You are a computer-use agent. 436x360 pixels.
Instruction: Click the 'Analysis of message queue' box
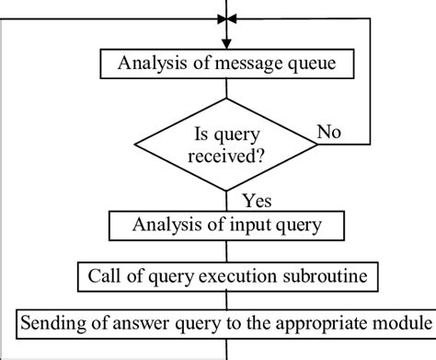click(225, 64)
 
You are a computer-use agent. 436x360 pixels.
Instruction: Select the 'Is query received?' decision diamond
click(225, 143)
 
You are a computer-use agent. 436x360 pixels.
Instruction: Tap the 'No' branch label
click(330, 133)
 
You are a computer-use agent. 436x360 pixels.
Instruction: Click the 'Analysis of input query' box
click(225, 225)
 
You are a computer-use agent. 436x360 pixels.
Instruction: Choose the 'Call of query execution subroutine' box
click(225, 274)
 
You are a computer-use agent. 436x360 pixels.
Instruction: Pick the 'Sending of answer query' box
click(225, 324)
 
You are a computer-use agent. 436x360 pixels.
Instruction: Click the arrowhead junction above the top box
click(225, 18)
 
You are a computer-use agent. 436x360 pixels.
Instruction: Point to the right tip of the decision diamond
click(317, 144)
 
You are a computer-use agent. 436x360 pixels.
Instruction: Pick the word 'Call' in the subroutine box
click(104, 274)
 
